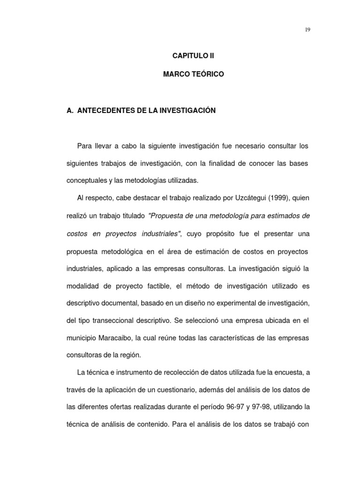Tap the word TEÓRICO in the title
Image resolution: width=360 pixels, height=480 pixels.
point(205,75)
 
